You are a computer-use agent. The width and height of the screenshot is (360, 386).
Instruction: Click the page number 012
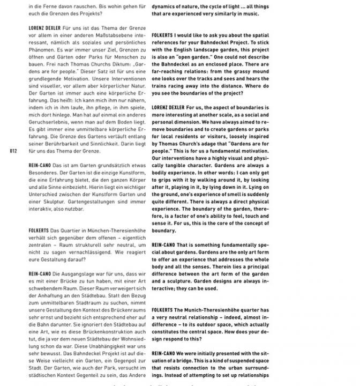14,151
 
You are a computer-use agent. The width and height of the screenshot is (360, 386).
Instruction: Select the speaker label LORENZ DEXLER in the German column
45,26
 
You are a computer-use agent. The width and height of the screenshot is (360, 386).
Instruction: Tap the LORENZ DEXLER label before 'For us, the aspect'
168,107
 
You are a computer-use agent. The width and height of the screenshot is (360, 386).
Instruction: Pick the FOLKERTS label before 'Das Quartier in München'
40,230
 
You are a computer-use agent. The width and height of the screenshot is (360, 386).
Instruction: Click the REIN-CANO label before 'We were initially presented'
164,354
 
